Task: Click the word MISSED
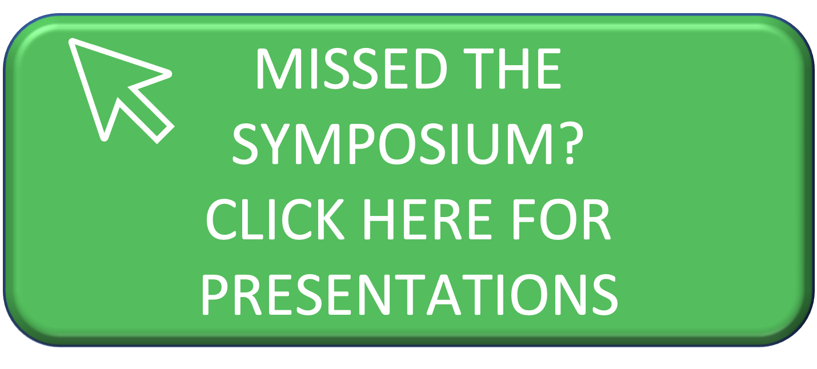click(x=351, y=68)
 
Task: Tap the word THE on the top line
click(x=512, y=68)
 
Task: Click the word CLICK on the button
click(x=275, y=219)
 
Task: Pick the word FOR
click(x=562, y=219)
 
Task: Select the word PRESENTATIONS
click(x=410, y=295)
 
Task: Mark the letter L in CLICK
click(x=252, y=219)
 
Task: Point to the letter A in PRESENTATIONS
click(x=444, y=295)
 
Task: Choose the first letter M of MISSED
click(x=279, y=69)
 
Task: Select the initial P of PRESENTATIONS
click(x=217, y=295)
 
